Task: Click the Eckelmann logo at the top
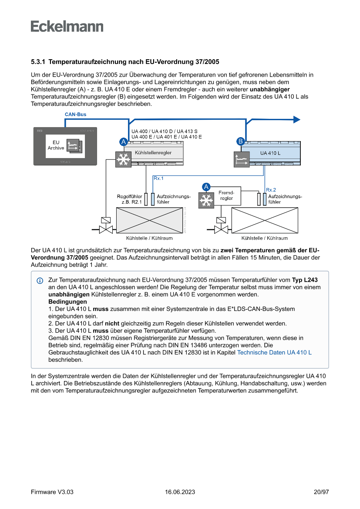point(67,26)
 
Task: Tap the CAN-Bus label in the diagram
point(75,115)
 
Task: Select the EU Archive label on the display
point(56,145)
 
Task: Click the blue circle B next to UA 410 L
point(240,141)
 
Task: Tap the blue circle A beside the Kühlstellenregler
point(124,142)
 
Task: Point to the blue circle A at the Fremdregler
point(206,186)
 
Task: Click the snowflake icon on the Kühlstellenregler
point(123,159)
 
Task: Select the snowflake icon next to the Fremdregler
point(206,201)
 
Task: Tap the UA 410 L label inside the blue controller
point(270,153)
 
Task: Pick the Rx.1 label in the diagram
point(158,178)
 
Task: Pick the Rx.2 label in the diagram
point(271,189)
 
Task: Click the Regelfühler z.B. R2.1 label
point(129,199)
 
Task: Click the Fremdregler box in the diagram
point(226,196)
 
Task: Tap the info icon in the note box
point(40,280)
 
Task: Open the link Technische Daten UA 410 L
point(274,353)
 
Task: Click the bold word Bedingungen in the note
point(67,302)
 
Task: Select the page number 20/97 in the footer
point(321,492)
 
